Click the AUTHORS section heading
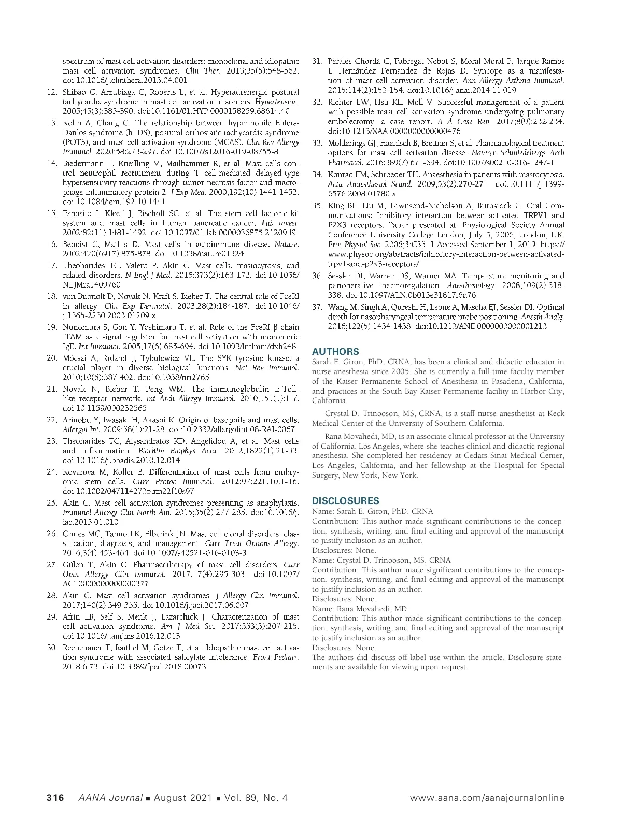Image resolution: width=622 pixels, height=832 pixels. [x=335, y=351]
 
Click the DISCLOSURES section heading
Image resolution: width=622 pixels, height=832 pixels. [x=345, y=500]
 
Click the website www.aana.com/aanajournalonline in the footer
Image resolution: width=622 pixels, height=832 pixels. [x=487, y=797]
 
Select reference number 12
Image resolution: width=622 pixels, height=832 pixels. [x=52, y=92]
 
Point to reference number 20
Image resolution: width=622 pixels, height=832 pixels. [x=52, y=358]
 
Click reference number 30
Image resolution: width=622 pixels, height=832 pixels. [x=52, y=648]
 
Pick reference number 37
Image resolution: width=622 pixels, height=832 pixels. [x=317, y=307]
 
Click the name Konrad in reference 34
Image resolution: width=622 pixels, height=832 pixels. [x=340, y=174]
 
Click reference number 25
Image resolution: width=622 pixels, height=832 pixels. [x=52, y=503]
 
